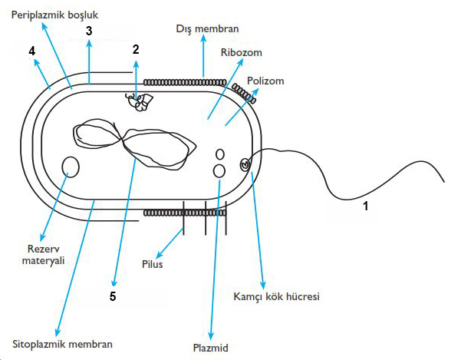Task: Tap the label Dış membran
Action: click(x=203, y=28)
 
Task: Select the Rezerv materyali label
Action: click(x=43, y=253)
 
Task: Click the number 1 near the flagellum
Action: click(x=366, y=206)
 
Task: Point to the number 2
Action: click(x=136, y=48)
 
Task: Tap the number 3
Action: click(x=89, y=31)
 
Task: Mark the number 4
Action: click(x=31, y=51)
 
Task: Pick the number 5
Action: click(x=113, y=296)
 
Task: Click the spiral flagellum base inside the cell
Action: click(x=245, y=163)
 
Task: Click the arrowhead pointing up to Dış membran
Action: click(x=203, y=39)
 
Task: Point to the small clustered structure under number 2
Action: click(x=138, y=102)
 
